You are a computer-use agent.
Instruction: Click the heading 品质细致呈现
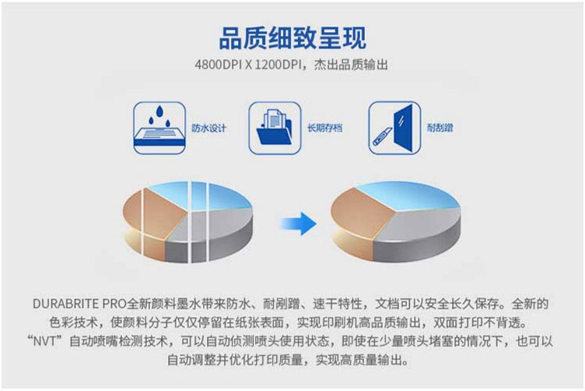pos(292,37)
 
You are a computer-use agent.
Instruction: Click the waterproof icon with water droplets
pos(159,128)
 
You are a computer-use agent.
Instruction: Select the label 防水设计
pos(208,128)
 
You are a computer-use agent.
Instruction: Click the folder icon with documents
pos(275,128)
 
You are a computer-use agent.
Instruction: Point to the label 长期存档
pos(324,128)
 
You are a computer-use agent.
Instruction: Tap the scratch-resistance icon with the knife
pos(394,128)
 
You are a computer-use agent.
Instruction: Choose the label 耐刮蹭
pos(440,128)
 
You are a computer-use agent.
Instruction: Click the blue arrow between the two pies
pos(298,224)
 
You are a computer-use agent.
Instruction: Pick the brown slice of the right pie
pos(361,213)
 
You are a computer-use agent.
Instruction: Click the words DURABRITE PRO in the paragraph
pos(79,304)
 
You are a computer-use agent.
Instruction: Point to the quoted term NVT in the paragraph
pos(44,341)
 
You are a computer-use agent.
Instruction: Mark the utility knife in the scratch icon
pos(383,136)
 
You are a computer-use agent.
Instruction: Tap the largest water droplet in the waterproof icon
pos(159,111)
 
